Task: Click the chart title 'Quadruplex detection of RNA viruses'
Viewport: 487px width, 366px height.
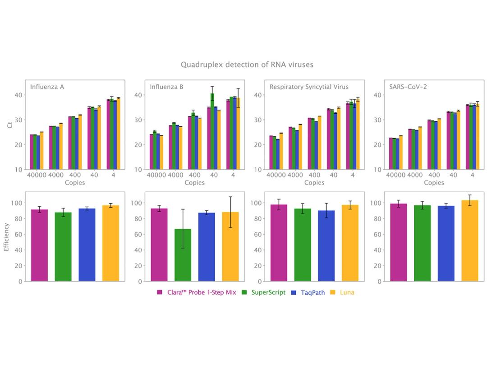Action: [x=247, y=65]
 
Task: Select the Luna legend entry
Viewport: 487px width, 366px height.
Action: [x=346, y=292]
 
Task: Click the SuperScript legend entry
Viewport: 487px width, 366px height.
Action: [x=268, y=292]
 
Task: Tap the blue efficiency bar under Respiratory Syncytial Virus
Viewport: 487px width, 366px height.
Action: [x=326, y=246]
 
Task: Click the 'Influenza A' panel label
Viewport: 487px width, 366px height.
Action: [x=47, y=87]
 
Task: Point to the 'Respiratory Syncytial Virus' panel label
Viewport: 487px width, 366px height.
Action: [x=309, y=87]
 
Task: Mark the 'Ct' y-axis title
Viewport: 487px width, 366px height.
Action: [x=10, y=125]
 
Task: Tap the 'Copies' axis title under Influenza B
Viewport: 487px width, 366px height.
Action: [x=194, y=183]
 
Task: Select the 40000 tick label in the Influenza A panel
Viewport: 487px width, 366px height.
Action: [x=37, y=175]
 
